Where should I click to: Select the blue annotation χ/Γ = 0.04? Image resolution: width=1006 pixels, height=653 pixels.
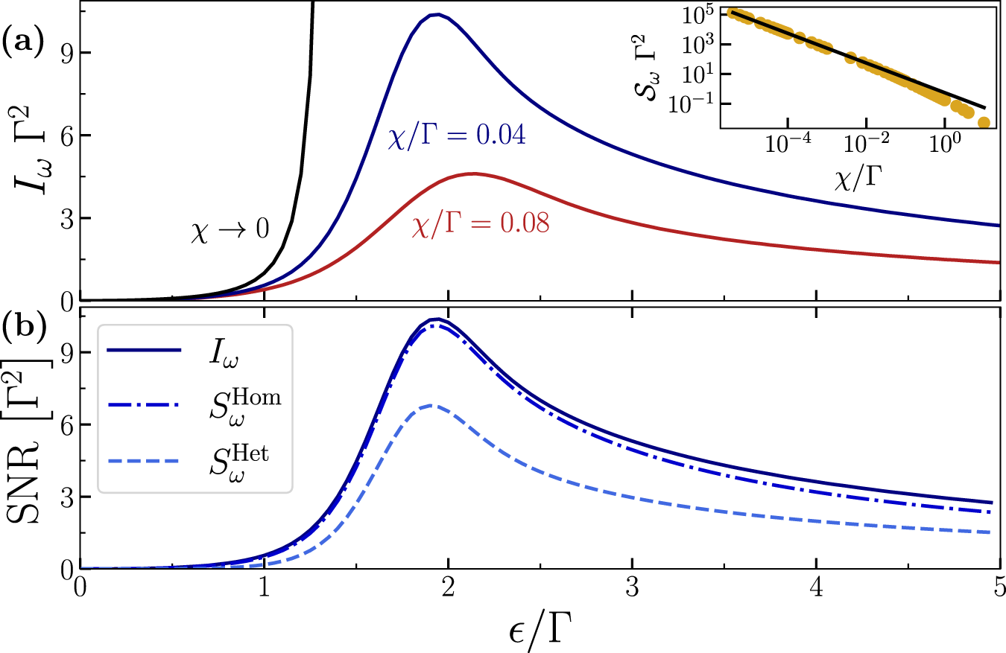458,138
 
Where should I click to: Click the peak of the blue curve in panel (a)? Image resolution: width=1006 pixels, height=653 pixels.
437,14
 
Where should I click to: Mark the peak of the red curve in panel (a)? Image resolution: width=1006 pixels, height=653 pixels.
472,173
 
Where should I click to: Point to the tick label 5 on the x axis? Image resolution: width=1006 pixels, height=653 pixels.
999,587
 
